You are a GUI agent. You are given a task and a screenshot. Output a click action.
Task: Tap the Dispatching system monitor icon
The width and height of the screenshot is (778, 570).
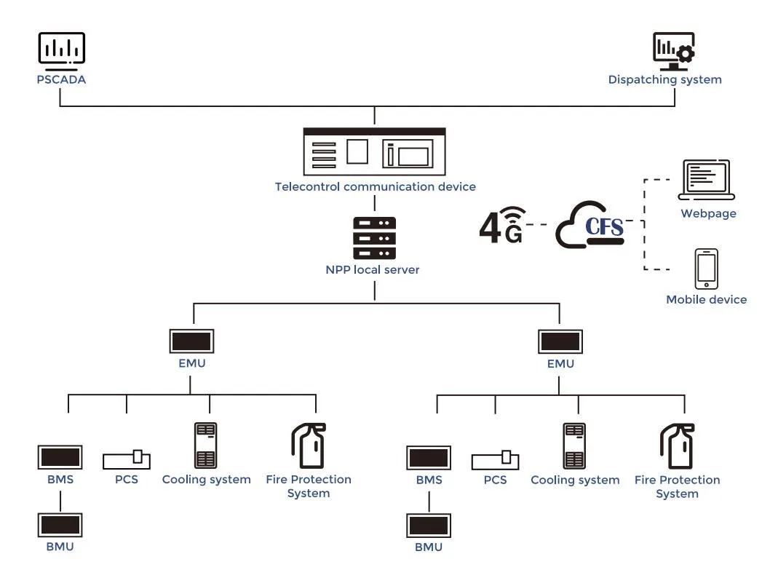(673, 51)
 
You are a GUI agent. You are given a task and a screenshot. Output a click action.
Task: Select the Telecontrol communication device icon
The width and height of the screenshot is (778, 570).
(374, 151)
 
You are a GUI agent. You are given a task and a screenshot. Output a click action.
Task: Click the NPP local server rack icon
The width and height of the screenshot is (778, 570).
(374, 237)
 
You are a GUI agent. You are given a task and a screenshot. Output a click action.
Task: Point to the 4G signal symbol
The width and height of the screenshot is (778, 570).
(502, 225)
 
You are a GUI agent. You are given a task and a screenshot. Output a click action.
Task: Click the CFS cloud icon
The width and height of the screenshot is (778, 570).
(590, 226)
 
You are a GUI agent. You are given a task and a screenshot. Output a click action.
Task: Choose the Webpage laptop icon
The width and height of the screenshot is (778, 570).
(707, 181)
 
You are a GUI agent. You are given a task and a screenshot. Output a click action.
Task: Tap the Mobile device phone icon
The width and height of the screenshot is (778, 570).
(706, 269)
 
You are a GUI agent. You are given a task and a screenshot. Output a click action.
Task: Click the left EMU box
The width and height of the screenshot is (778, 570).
(191, 341)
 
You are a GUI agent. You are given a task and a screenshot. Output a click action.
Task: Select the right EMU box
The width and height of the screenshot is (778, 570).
(560, 341)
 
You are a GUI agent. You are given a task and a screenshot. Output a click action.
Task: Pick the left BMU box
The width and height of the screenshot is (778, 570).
(60, 525)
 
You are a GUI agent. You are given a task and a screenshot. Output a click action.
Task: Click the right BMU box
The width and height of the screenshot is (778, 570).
(429, 526)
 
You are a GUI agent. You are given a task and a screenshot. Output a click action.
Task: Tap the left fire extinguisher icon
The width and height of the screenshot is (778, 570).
(308, 445)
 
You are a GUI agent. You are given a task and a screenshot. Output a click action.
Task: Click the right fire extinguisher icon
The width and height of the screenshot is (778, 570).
(677, 446)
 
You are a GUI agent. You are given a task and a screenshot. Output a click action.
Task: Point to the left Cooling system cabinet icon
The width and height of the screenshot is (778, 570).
(206, 445)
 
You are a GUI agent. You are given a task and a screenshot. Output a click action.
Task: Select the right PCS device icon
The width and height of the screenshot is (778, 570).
(495, 459)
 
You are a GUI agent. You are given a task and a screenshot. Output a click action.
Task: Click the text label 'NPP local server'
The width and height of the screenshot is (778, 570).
(373, 269)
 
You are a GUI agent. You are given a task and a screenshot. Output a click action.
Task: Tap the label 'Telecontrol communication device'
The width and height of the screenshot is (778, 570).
(375, 187)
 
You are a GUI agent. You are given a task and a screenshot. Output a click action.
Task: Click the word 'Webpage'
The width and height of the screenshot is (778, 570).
(708, 214)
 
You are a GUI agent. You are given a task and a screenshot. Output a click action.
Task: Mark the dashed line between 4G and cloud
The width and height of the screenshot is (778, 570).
(539, 225)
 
